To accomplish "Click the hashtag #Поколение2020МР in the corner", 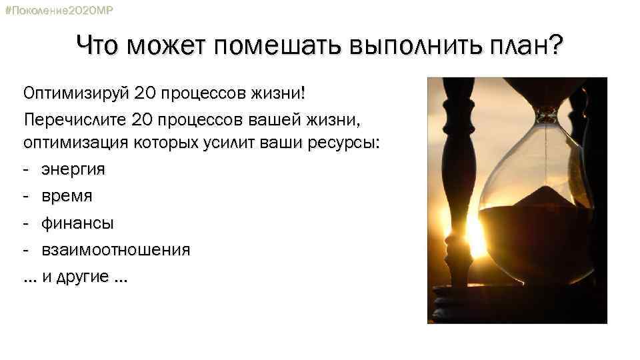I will pyautogui.click(x=59, y=11).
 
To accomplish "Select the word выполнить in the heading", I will pyautogui.click(x=407, y=47).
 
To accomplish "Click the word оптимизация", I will pyautogui.click(x=73, y=143).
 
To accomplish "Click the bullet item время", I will pyautogui.click(x=67, y=196).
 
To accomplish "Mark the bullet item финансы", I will pyautogui.click(x=77, y=223).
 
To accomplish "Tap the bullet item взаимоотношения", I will pyautogui.click(x=116, y=250).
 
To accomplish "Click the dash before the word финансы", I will pyautogui.click(x=26, y=223).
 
